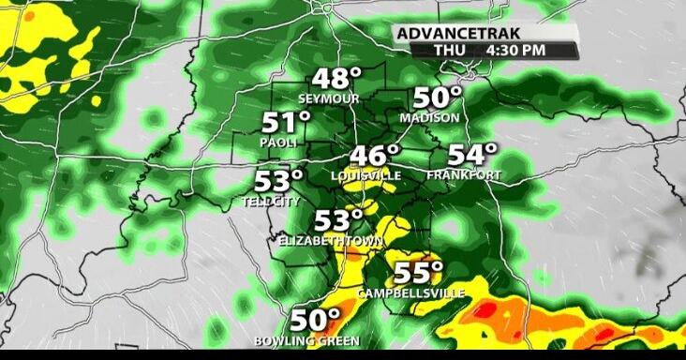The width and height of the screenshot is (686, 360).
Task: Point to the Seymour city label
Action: [x=329, y=98]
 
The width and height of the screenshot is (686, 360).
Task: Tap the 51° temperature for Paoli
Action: [x=286, y=123]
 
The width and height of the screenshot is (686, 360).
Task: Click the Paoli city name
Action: [x=278, y=142]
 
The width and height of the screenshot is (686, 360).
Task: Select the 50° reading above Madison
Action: [x=438, y=98]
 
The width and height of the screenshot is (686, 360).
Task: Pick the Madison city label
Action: [x=429, y=118]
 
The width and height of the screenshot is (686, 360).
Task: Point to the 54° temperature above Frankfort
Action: [x=471, y=156]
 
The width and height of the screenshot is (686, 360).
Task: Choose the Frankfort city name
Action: [x=463, y=175]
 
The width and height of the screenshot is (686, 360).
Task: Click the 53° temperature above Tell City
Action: [x=279, y=180]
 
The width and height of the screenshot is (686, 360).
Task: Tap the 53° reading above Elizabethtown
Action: [x=337, y=221]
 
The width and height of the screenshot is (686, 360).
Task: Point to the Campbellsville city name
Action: [x=411, y=293]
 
